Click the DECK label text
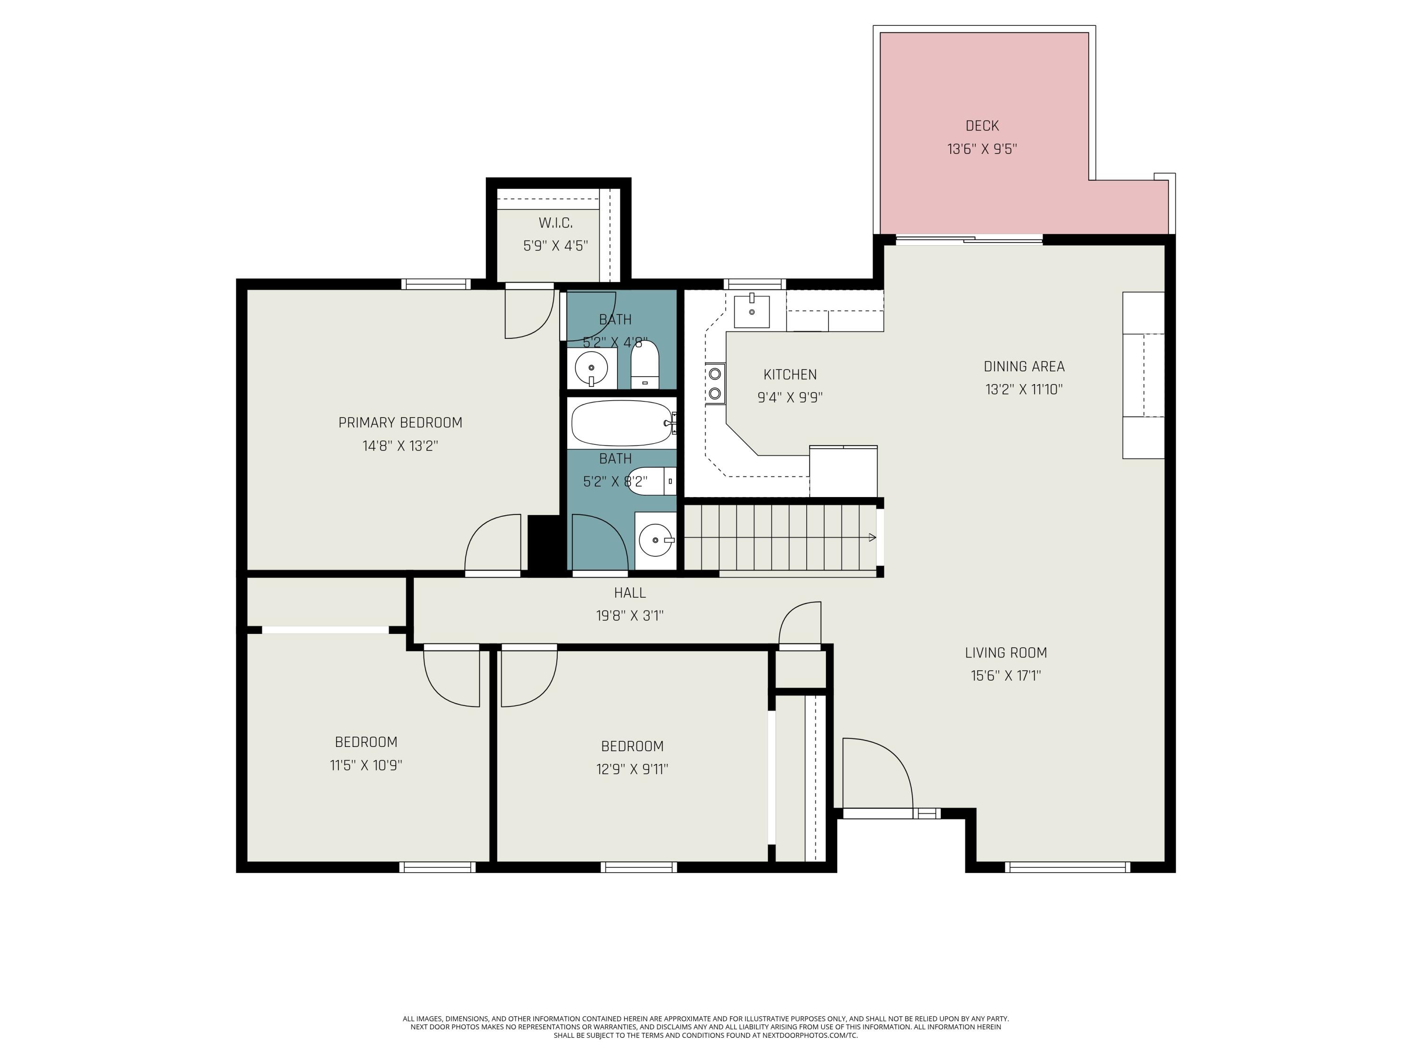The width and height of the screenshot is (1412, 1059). tap(982, 126)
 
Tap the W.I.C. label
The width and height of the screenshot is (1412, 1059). tap(555, 223)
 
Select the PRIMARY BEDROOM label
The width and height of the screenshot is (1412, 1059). tap(400, 423)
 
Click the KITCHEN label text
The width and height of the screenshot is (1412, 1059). tap(790, 375)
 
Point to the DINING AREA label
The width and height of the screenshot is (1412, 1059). tap(1024, 366)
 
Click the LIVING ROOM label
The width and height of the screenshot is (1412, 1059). tap(1005, 652)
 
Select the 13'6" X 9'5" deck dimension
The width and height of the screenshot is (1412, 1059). tap(982, 149)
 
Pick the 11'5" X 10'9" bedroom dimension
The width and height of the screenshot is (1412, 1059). tap(366, 765)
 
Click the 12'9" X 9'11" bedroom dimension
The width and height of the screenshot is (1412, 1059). tap(632, 769)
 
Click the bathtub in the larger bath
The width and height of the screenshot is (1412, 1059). tap(622, 423)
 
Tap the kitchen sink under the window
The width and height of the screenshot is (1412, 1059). tap(751, 311)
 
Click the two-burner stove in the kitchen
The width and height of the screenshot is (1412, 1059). tap(715, 384)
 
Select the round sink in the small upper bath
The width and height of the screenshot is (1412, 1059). tap(591, 369)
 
